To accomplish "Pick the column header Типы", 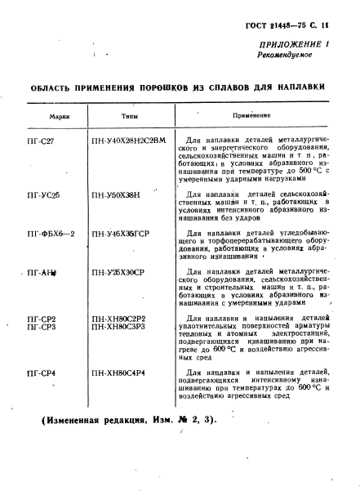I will coord(130,116).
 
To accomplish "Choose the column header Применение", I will coord(251,116).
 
